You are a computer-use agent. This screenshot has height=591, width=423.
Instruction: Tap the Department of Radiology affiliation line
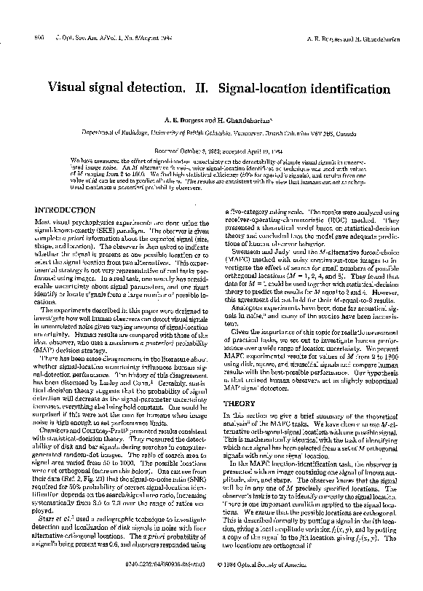(211, 134)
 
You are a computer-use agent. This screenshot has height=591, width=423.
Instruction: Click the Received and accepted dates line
(210, 150)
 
